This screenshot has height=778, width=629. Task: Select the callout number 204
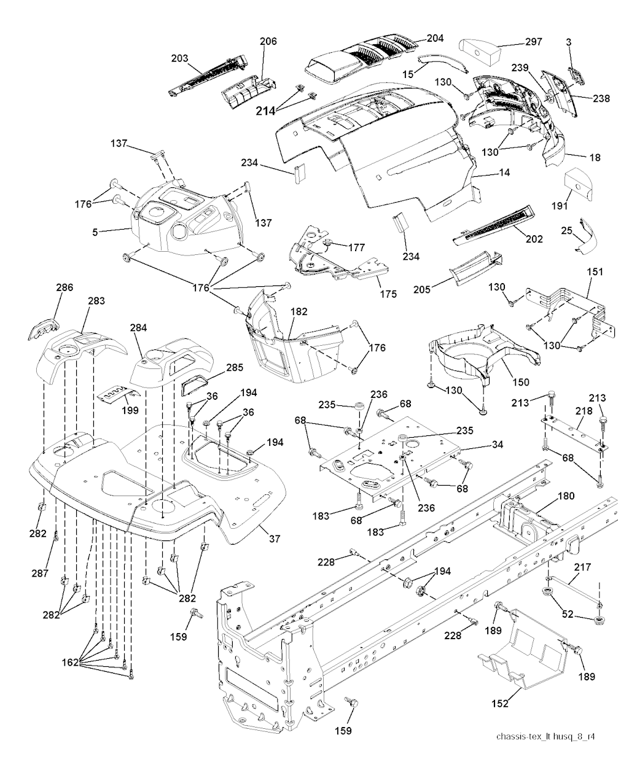435,38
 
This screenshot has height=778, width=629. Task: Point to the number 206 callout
268,42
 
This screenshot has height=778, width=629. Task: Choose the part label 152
500,704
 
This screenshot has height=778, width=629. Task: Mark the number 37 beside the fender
274,539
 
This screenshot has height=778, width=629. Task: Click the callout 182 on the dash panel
299,312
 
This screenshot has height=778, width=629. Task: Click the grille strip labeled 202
492,227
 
